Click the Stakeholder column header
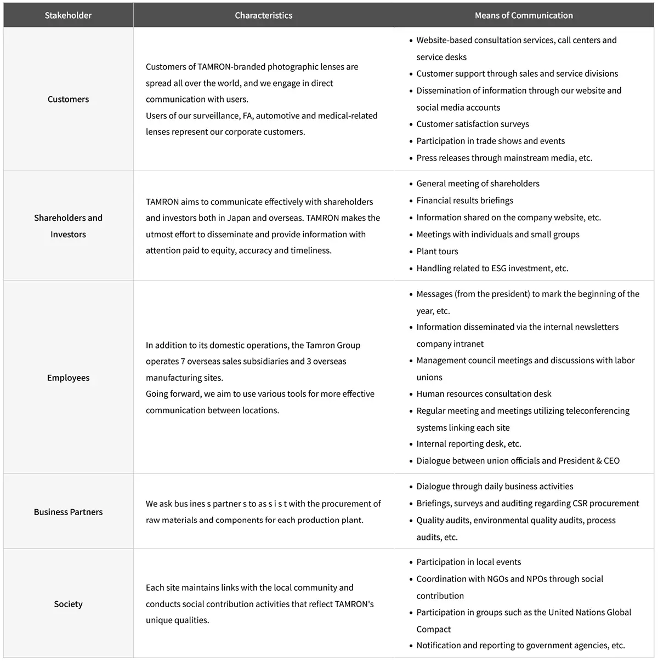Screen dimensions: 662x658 pyautogui.click(x=68, y=15)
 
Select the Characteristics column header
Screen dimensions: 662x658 pyautogui.click(x=263, y=15)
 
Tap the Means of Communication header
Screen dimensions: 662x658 pyautogui.click(x=524, y=15)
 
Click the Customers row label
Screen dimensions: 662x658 pyautogui.click(x=68, y=99)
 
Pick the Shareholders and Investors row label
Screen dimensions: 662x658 pyautogui.click(x=68, y=226)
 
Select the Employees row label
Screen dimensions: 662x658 pyautogui.click(x=68, y=378)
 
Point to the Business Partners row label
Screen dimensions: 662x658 pyautogui.click(x=68, y=512)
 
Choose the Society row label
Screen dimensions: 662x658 pyautogui.click(x=68, y=604)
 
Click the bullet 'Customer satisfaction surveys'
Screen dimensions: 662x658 pyautogui.click(x=472, y=124)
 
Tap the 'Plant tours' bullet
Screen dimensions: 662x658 pyautogui.click(x=437, y=252)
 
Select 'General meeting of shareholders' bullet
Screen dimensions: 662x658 pyautogui.click(x=478, y=184)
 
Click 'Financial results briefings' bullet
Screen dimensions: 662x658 pyautogui.click(x=464, y=201)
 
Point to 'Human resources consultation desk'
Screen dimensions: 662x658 pyautogui.click(x=484, y=394)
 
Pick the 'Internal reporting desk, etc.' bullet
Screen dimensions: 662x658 pyautogui.click(x=468, y=444)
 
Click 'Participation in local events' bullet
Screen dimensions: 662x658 pyautogui.click(x=468, y=562)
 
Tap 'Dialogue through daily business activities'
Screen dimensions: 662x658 pyautogui.click(x=495, y=487)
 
